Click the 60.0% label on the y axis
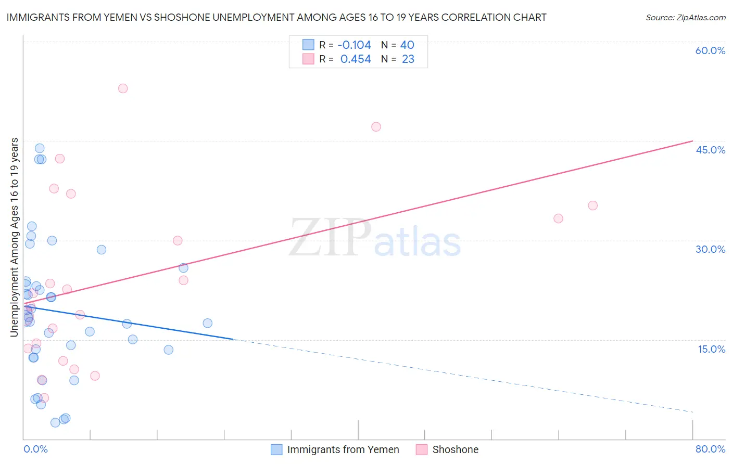click(x=710, y=51)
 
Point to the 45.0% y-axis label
click(x=710, y=150)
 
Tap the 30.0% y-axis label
click(x=710, y=249)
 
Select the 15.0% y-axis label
click(x=711, y=349)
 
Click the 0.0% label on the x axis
click(x=35, y=449)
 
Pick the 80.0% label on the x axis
click(x=710, y=449)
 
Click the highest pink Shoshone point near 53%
click(x=123, y=88)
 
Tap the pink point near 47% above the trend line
click(x=376, y=127)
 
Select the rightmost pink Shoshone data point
click(x=592, y=205)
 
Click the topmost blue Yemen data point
click(x=40, y=148)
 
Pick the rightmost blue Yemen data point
click(x=208, y=323)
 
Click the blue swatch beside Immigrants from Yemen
click(x=276, y=449)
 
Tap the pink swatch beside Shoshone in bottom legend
click(x=422, y=449)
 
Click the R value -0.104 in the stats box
click(x=354, y=45)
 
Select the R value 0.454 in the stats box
click(x=356, y=59)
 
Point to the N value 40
click(x=407, y=45)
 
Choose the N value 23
click(x=408, y=59)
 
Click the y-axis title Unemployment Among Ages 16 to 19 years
click(x=15, y=237)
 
